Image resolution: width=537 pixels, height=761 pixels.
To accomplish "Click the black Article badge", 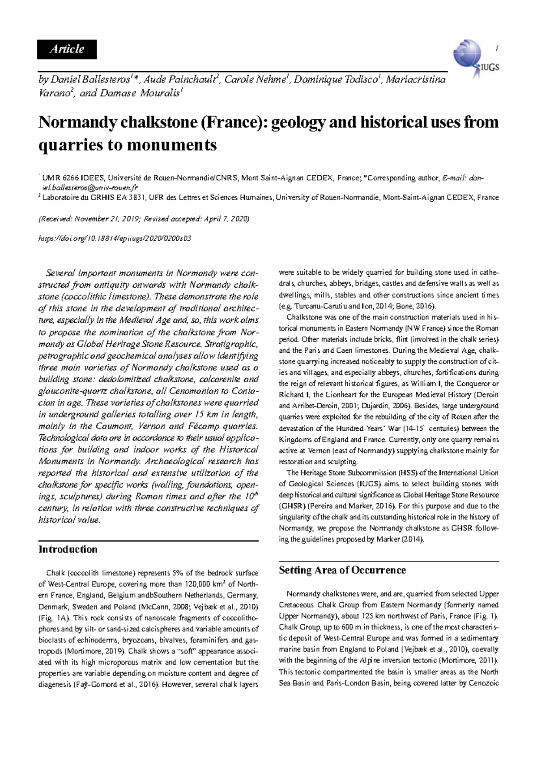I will coord(67,49).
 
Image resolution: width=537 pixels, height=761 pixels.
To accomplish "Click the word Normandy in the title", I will coord(74,122).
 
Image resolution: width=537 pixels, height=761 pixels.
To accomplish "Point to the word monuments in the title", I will coord(179,145).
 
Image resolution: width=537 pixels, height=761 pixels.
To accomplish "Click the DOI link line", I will coord(115,239).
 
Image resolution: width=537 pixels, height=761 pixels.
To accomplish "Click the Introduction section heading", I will coord(68,549).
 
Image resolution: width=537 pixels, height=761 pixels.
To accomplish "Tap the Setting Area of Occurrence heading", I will coord(342,570).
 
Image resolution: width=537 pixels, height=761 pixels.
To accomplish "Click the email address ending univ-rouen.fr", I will coord(89,187).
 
